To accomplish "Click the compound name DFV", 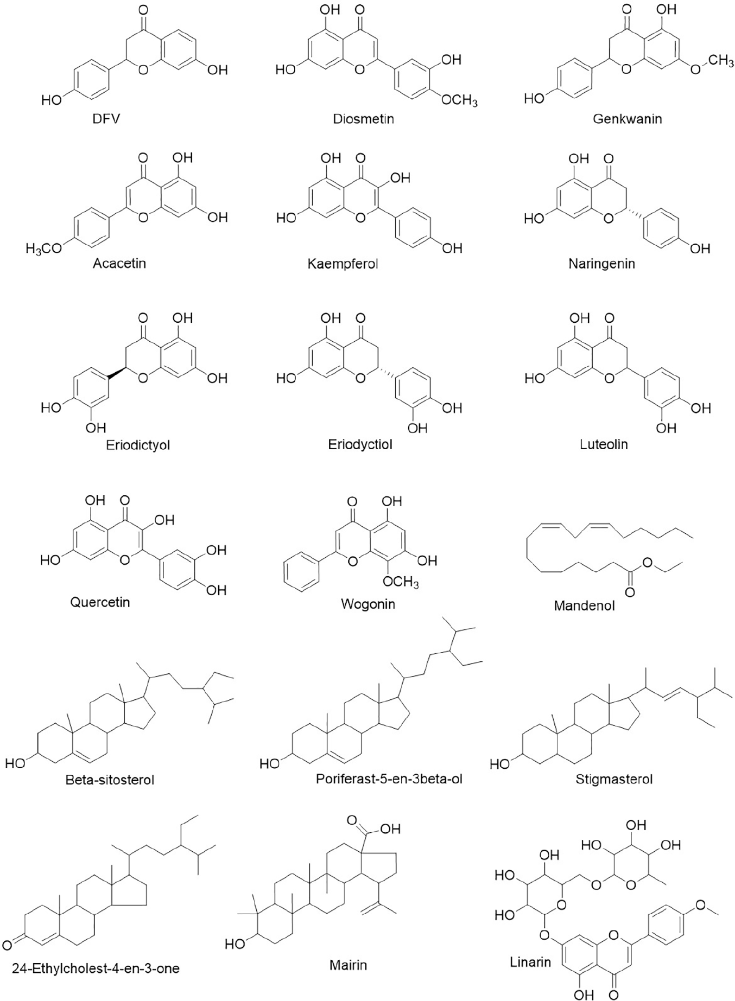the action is pos(106,118).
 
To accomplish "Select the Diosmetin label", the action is pos(363,118).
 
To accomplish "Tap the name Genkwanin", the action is pos(627,118).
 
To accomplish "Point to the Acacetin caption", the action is pos(119,264).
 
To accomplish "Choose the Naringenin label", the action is pos(601,264).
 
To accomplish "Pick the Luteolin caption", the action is pos(604,444).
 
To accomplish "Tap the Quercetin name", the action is pos(100,602).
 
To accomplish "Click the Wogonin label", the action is pos(367,603).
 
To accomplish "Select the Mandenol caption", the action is pos(584,605).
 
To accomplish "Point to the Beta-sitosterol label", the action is pos(110,780).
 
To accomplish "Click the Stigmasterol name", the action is pos(614,780).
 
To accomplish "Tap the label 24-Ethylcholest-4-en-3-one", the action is pos(96,967).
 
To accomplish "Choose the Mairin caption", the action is pos(348,965).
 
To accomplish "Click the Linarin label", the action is pos(530,962).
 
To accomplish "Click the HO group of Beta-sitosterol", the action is pos(15,763).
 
